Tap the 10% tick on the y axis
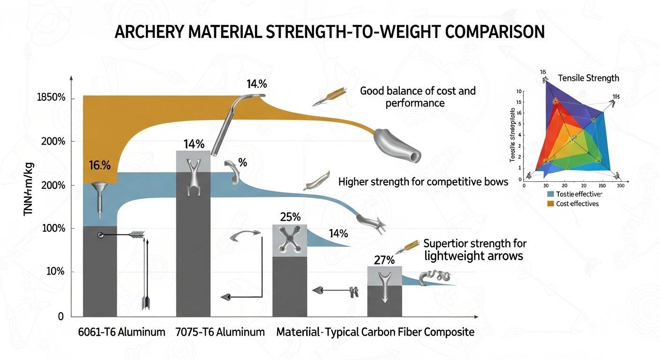tap(55, 272)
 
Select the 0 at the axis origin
tap(60, 317)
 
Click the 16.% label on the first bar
tap(99, 165)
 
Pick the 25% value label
tap(290, 217)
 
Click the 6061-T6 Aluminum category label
tap(121, 332)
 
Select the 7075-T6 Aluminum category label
tap(220, 332)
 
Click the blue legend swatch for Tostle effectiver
tap(550, 194)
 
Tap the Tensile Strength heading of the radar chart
tap(588, 78)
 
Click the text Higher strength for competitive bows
tap(423, 181)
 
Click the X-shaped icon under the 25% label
tap(290, 240)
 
